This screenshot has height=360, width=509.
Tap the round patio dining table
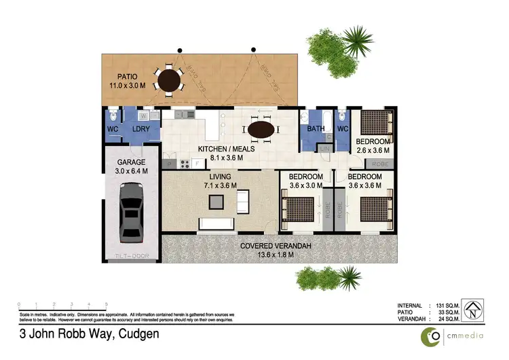point(168,80)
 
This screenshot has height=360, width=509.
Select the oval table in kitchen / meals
point(261,128)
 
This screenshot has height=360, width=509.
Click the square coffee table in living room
point(216,201)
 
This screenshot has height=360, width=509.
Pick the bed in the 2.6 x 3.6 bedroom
point(374,124)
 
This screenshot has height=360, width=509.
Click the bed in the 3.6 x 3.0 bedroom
point(299,209)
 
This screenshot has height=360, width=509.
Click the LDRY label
point(141,129)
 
